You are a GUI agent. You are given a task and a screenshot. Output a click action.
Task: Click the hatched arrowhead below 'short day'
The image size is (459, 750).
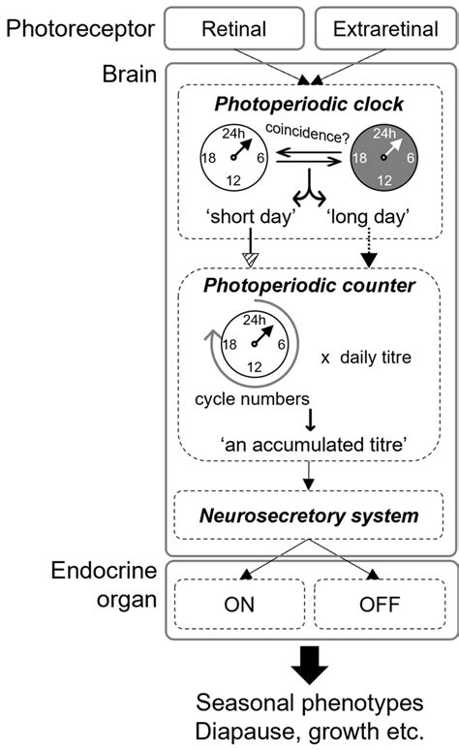tap(249, 260)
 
